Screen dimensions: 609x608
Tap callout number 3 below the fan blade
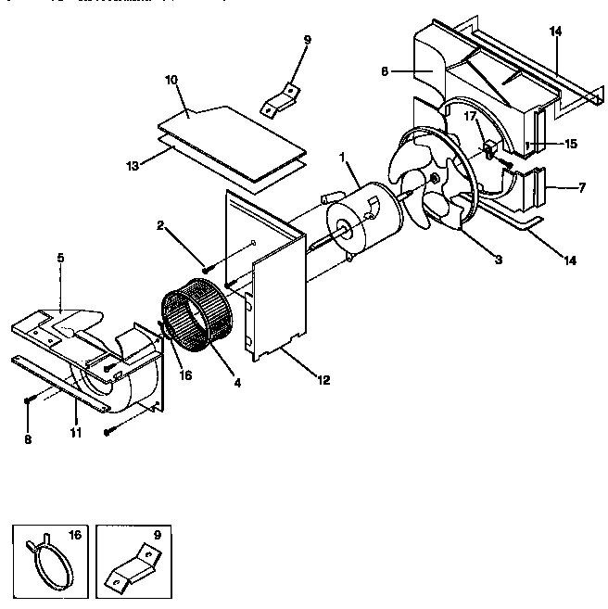click(499, 260)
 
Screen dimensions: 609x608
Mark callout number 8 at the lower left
click(28, 439)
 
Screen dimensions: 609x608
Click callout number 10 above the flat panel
click(171, 82)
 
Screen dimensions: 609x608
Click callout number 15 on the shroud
click(570, 144)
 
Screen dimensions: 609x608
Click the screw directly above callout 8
click(30, 400)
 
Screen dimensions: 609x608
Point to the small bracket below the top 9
click(280, 99)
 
